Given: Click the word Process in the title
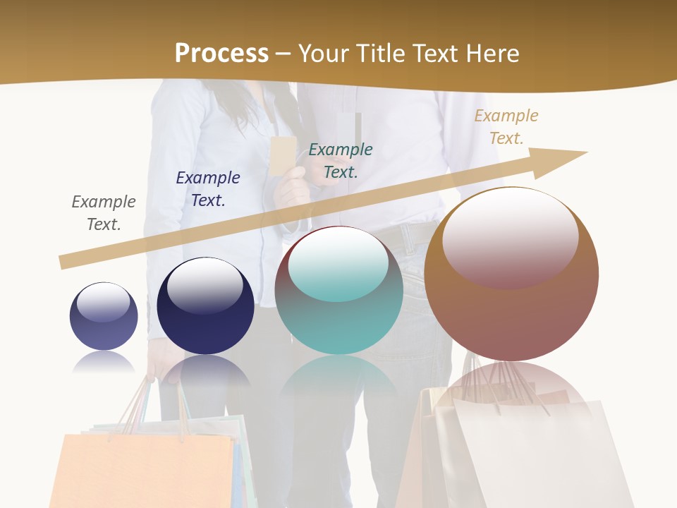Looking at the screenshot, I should tap(221, 54).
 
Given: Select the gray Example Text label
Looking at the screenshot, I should tap(104, 213).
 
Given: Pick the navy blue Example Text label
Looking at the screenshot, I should tap(208, 189).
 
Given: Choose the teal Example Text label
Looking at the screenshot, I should tap(341, 161).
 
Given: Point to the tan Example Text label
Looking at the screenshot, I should tap(506, 127).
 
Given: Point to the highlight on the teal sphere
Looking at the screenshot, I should tap(338, 263).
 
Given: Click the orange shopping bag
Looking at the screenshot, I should tap(141, 469).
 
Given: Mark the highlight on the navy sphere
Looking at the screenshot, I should tap(205, 284).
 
